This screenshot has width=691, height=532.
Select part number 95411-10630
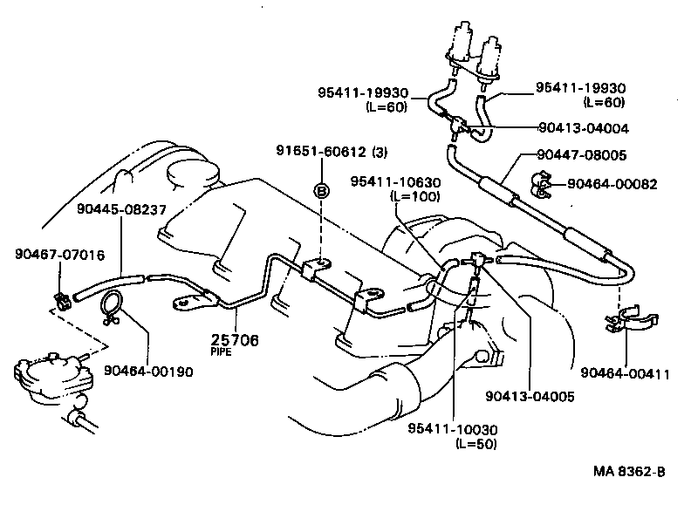[x=395, y=181]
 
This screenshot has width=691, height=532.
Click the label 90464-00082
[x=612, y=184]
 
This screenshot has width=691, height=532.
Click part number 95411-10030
[x=453, y=429]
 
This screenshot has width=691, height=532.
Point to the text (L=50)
[x=476, y=443]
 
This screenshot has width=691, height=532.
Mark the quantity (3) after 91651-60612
[x=380, y=152]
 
